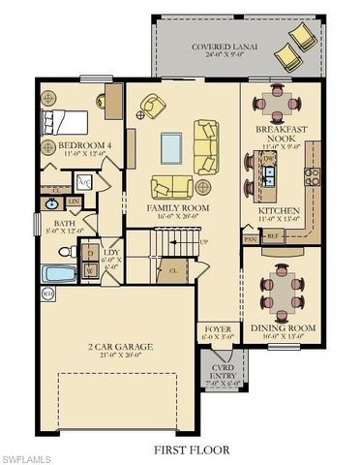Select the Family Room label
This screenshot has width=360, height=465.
tap(177, 208)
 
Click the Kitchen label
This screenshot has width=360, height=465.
tap(279, 210)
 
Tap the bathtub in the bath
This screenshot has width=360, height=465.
tap(60, 274)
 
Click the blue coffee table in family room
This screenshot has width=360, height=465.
tap(170, 145)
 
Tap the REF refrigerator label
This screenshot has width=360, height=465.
tap(274, 235)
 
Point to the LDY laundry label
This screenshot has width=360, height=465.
tap(110, 251)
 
